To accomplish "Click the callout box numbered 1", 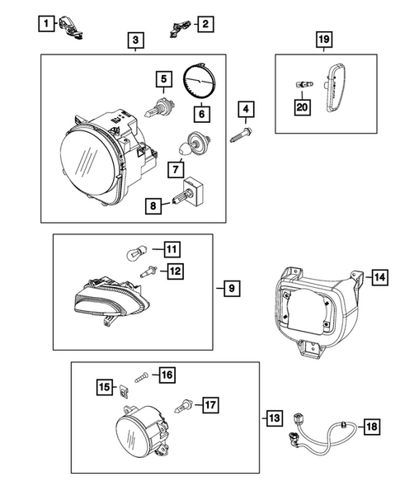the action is tap(46, 24).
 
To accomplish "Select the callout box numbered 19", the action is tap(324, 40).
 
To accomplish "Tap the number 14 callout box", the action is tap(379, 276).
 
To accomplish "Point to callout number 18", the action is tap(372, 427).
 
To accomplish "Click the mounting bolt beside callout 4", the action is tap(241, 135).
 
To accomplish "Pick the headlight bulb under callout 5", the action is tap(159, 107).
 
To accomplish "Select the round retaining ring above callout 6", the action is tap(200, 81).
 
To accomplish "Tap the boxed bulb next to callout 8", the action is tap(188, 192).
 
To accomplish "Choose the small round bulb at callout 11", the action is tap(135, 253).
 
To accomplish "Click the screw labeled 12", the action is tap(148, 271).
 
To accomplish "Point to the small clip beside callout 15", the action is tap(124, 391).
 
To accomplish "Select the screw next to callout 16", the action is tap(141, 378).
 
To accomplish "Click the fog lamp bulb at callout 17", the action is tap(183, 406).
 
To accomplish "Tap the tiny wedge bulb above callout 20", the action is tap(304, 84).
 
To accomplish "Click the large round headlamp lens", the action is tap(89, 163).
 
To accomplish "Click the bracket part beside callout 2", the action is tap(179, 28).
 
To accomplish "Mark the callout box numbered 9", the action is tap(232, 289).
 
